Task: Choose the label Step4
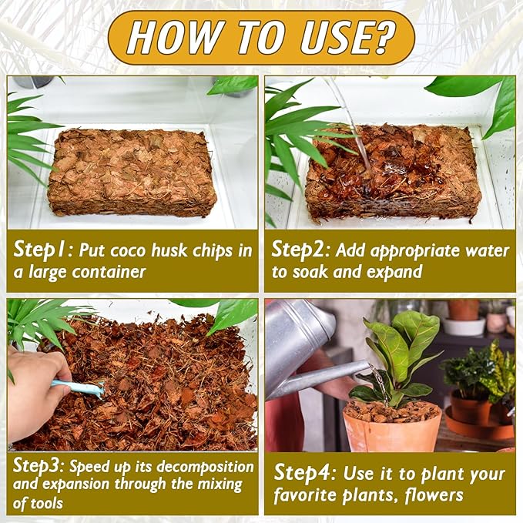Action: coord(303,473)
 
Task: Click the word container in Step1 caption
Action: coord(109,272)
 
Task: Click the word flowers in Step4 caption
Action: coord(434,495)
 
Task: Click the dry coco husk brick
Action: coord(132,172)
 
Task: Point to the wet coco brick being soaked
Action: coord(391,172)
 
